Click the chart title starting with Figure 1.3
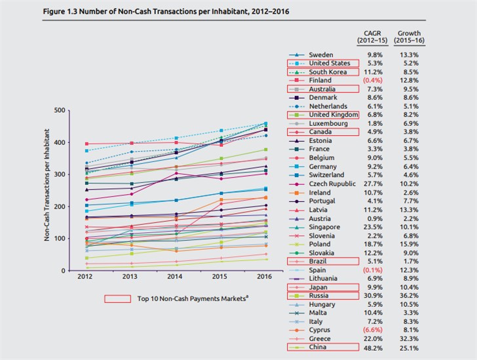point(155,12)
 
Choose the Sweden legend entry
point(320,54)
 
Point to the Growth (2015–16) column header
point(410,37)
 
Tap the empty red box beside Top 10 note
point(119,299)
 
